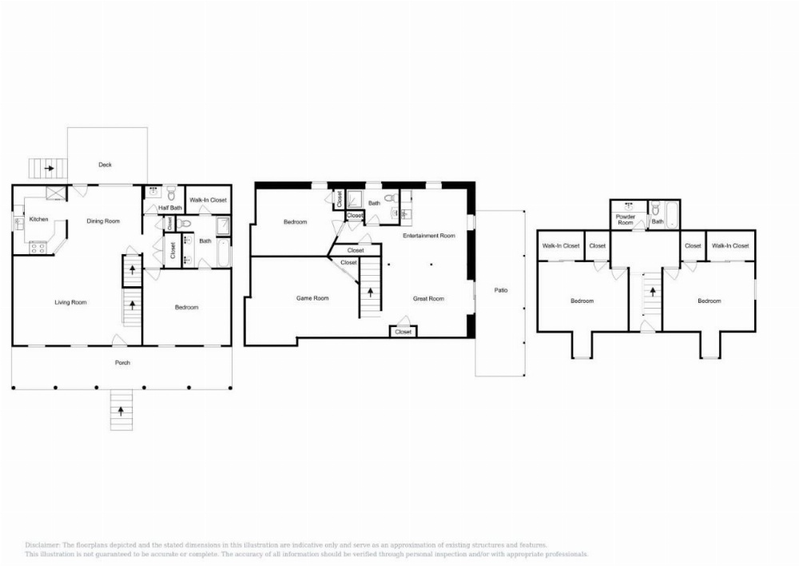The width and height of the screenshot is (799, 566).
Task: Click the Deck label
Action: (105, 165)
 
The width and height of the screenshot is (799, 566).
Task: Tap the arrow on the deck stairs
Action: (49, 169)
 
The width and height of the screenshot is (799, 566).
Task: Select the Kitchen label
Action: (38, 219)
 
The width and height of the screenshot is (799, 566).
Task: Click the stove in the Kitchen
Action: (38, 248)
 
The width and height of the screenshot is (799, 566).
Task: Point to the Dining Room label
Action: (103, 221)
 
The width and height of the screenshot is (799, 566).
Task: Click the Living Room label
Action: (70, 302)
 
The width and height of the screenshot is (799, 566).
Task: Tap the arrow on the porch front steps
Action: (121, 411)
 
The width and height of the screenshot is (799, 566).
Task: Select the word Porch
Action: (121, 363)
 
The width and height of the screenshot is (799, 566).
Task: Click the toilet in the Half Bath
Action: (170, 192)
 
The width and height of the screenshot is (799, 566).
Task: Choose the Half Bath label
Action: (169, 208)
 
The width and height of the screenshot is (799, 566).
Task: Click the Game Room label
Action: (312, 298)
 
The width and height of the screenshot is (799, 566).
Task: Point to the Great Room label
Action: (428, 298)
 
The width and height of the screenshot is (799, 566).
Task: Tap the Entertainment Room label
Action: (429, 236)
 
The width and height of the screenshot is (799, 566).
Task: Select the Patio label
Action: (500, 290)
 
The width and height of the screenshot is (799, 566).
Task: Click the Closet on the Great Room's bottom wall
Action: (403, 332)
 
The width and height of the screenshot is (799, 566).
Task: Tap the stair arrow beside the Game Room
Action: (370, 291)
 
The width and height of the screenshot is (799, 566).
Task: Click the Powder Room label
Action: (626, 219)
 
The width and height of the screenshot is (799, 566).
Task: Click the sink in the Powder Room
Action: (628, 206)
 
